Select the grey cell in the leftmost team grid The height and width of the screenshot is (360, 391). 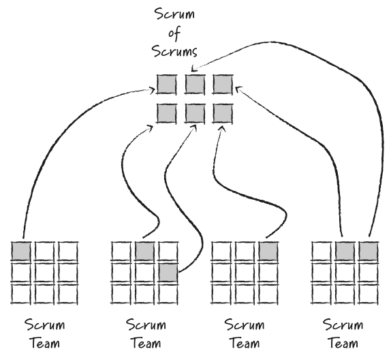(22, 250)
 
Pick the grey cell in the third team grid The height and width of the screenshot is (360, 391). (268, 250)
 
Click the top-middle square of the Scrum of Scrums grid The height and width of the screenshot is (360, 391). (194, 84)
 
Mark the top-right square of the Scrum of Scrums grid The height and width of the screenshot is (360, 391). (221, 84)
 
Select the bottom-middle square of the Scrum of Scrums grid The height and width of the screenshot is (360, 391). (194, 112)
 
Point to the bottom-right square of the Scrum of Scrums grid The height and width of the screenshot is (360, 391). (221, 112)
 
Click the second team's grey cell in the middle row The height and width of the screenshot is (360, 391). (168, 272)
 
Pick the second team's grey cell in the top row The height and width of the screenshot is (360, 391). (145, 250)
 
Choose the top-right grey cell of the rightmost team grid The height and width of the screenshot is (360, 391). (369, 250)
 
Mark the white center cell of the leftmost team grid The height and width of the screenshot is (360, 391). (44, 272)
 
